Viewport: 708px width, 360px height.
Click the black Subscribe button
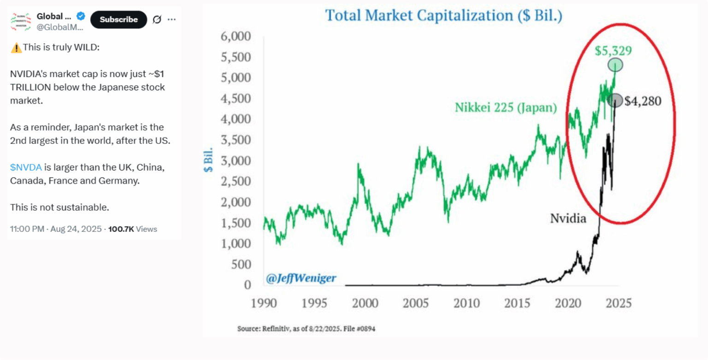coord(118,19)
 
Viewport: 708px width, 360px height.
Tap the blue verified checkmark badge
coord(81,17)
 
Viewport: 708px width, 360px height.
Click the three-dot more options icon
coord(171,20)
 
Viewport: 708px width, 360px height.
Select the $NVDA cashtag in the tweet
coord(26,167)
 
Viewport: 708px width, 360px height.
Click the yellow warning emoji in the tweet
coord(16,47)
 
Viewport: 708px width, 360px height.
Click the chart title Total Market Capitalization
coord(444,16)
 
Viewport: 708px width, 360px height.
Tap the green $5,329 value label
coord(613,51)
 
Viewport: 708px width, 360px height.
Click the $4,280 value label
coord(643,101)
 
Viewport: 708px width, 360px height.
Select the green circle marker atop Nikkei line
coord(614,65)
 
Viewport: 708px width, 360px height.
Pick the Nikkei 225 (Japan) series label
coord(506,108)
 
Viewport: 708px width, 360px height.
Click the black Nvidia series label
coord(568,218)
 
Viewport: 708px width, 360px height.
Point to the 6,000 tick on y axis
coord(236,37)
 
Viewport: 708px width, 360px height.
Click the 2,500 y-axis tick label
coord(236,182)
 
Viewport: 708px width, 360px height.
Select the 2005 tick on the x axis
coord(417,304)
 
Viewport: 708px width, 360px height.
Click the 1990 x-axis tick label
coord(265,304)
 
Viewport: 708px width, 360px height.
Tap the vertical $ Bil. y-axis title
coord(209,160)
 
